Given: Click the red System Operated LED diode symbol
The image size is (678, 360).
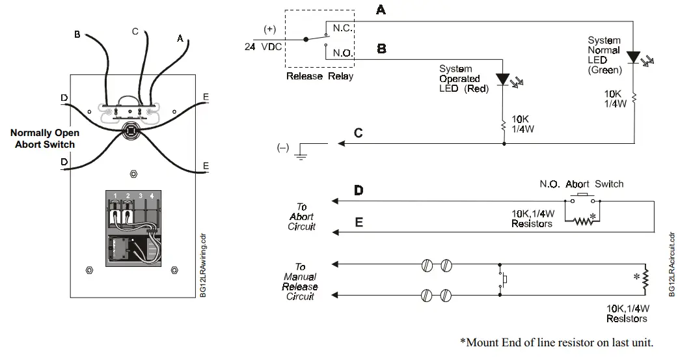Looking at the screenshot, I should tap(502, 79).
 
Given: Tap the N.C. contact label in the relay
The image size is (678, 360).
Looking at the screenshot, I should tap(342, 29).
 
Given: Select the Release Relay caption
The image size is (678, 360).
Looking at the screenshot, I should tap(319, 76).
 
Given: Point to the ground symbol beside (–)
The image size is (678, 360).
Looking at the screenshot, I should tap(301, 152).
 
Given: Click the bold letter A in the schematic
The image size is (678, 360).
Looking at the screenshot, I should tap(380, 10).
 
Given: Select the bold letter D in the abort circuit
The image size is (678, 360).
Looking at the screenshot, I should tap(358, 191).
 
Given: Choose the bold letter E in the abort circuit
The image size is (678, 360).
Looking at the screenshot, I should tap(358, 221).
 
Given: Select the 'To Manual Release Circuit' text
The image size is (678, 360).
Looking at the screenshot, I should tap(300, 281).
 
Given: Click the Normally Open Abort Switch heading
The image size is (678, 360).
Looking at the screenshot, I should tap(45, 138).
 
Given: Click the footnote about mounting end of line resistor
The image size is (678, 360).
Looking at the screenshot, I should tap(556, 342).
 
